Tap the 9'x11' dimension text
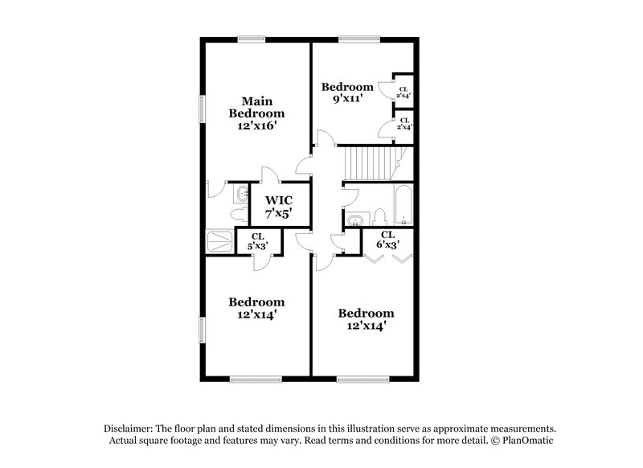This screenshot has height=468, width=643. coord(347,99)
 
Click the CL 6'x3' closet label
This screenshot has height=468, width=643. coord(387,239)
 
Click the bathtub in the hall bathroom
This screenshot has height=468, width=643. coord(403,206)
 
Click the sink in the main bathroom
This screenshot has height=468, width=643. coord(243,194)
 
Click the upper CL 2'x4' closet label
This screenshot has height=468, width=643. coord(403,92)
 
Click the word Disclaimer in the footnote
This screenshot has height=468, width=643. coord(130,428)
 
